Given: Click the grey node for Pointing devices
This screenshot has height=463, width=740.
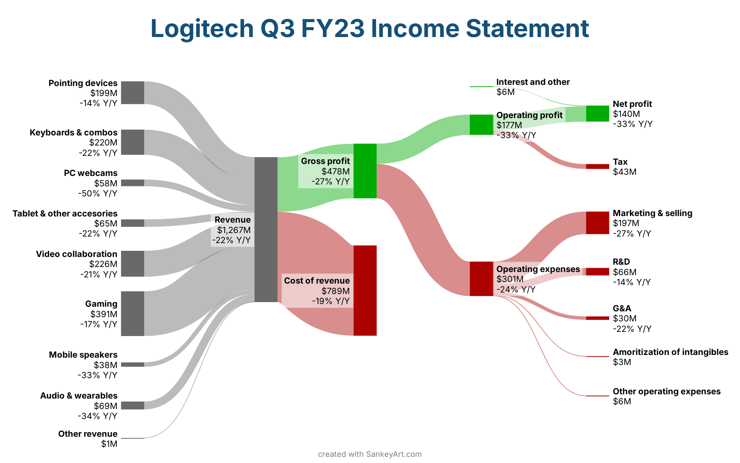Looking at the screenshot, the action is (x=133, y=93).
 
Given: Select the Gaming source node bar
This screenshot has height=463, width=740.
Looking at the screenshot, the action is (x=133, y=314).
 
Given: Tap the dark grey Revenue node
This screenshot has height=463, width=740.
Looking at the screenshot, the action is (x=266, y=230).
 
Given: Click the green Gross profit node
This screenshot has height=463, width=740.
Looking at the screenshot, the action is (x=365, y=171).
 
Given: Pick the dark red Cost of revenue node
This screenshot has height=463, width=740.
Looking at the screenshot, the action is (x=365, y=291).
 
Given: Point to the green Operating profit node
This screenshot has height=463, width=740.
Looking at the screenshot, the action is (x=481, y=125).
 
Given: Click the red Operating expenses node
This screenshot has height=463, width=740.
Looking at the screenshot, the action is (x=481, y=279).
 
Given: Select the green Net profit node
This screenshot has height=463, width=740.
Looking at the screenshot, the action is (x=598, y=113).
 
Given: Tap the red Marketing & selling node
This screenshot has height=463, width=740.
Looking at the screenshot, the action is (x=598, y=223).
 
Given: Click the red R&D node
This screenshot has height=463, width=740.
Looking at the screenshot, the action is (x=598, y=272).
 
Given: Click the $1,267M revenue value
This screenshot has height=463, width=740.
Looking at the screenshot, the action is (x=234, y=230).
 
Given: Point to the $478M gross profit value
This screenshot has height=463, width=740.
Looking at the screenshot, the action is (x=336, y=171).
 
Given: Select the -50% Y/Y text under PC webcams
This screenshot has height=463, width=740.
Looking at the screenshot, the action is (x=98, y=193).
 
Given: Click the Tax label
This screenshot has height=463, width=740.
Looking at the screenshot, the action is (x=620, y=162).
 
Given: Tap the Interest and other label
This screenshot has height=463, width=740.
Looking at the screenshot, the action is (x=533, y=82).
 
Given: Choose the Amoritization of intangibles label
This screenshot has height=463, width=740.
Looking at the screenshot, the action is (x=671, y=352).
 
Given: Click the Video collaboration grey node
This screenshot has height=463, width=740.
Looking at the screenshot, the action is (x=133, y=264).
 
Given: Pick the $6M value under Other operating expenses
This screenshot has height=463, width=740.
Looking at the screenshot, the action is (x=622, y=401).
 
